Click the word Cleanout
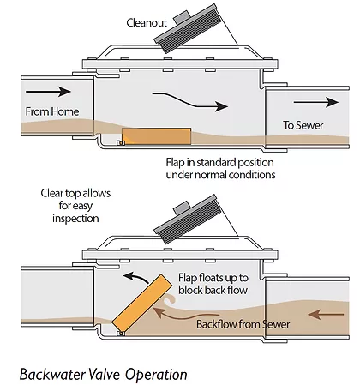click(x=147, y=22)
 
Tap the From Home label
click(x=52, y=111)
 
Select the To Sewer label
click(x=303, y=125)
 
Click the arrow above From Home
click(x=48, y=92)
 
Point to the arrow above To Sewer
click(x=316, y=102)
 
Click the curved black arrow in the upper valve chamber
click(x=189, y=102)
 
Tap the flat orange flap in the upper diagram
click(x=157, y=136)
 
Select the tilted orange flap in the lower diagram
click(x=142, y=304)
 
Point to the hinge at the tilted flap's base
click(x=121, y=334)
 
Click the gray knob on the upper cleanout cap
click(x=182, y=17)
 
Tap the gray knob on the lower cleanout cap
click(x=182, y=208)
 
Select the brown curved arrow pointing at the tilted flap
click(x=183, y=316)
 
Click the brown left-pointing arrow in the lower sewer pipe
click(x=327, y=315)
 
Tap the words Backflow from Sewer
click(x=243, y=324)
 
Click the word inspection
click(x=75, y=219)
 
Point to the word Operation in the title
click(x=156, y=374)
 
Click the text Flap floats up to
click(x=213, y=278)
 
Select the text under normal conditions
click(x=220, y=174)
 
